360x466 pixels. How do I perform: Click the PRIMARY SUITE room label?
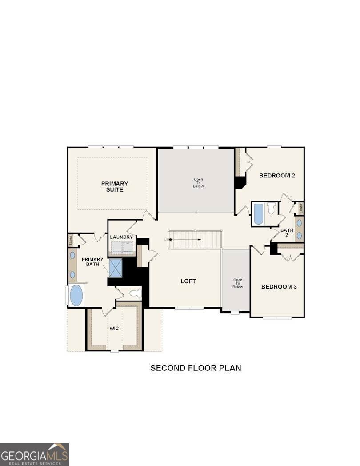click(x=114, y=186)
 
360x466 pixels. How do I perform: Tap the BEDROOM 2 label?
click(x=277, y=176)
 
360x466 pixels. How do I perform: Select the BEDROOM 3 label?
click(x=279, y=287)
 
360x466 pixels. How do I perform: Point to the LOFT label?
click(x=188, y=281)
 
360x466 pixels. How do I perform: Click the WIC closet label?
click(x=114, y=329)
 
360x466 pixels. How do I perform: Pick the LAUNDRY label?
click(x=121, y=237)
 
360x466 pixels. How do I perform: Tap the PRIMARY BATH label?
click(x=92, y=262)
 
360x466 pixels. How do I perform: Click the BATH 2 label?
click(x=287, y=233)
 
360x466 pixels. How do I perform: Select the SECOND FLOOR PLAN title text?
click(x=196, y=368)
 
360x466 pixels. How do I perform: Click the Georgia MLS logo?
click(x=35, y=454)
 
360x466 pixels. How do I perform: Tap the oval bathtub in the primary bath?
click(x=76, y=295)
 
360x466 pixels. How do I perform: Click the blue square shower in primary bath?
click(x=116, y=268)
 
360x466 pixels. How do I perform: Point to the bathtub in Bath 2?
click(x=258, y=214)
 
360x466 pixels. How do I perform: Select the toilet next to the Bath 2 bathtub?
click(x=272, y=209)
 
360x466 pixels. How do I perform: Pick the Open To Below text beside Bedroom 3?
click(x=237, y=284)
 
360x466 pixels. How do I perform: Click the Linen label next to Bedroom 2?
click(x=301, y=207)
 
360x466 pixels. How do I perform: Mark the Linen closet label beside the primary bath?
click(x=71, y=241)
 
